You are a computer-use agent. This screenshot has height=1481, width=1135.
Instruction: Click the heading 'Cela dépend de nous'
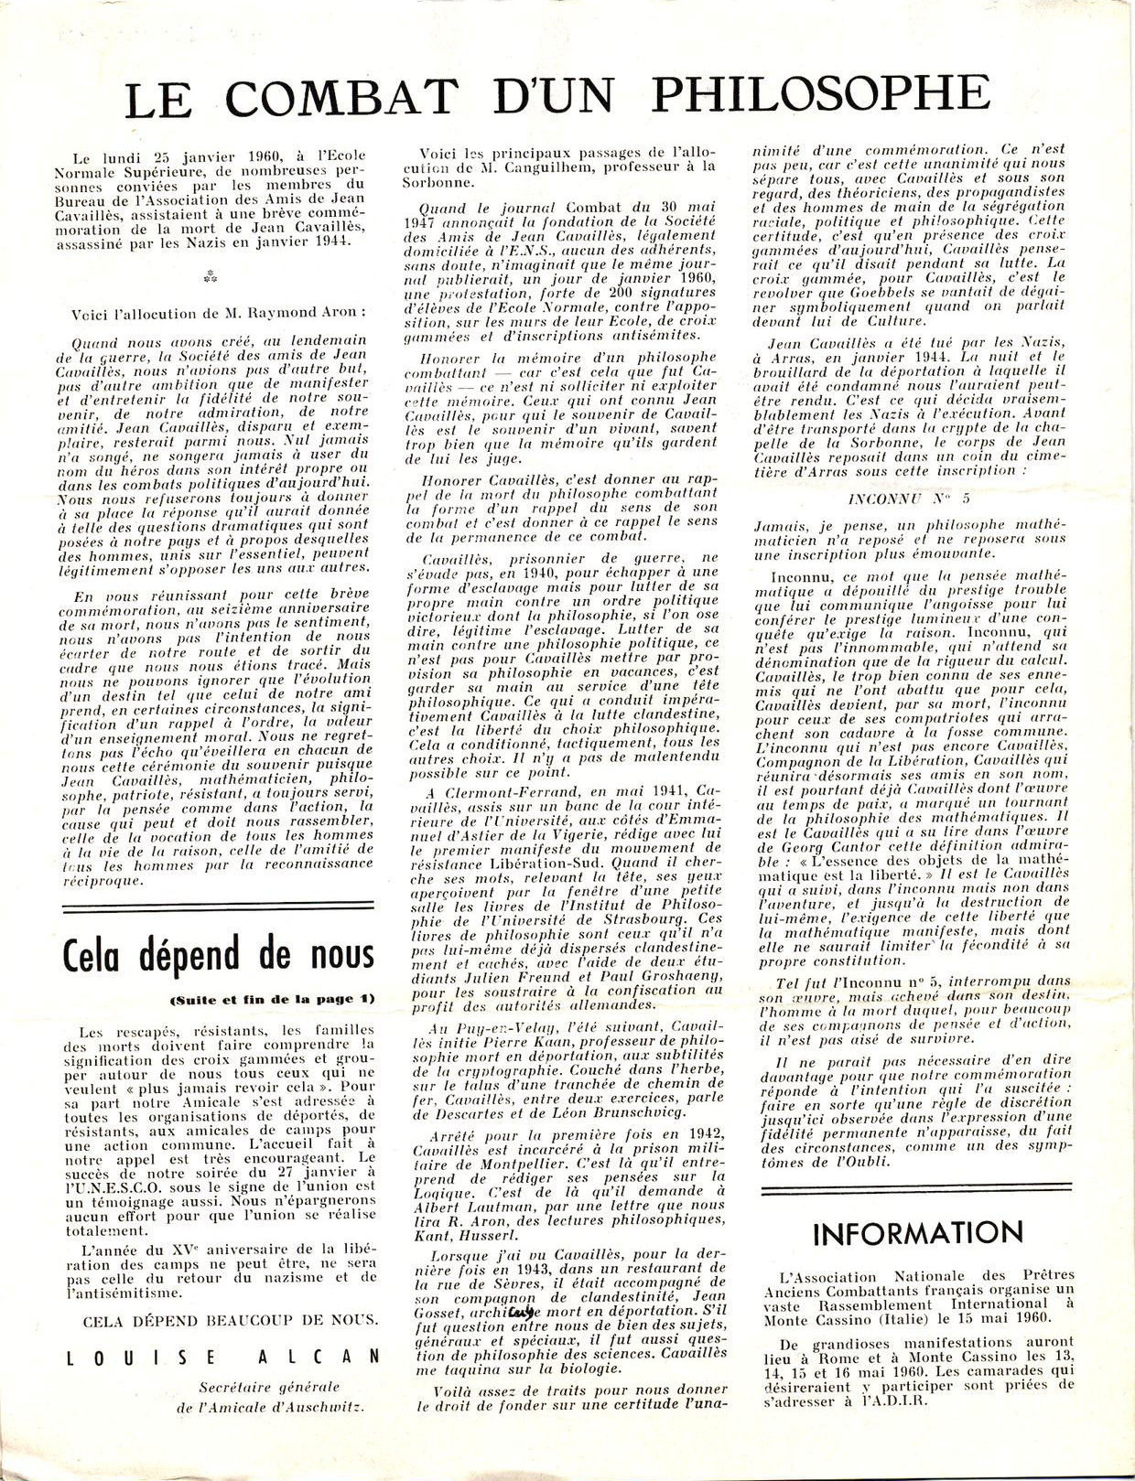coord(219,957)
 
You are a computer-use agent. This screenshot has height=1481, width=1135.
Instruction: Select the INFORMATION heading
coord(918,1232)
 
